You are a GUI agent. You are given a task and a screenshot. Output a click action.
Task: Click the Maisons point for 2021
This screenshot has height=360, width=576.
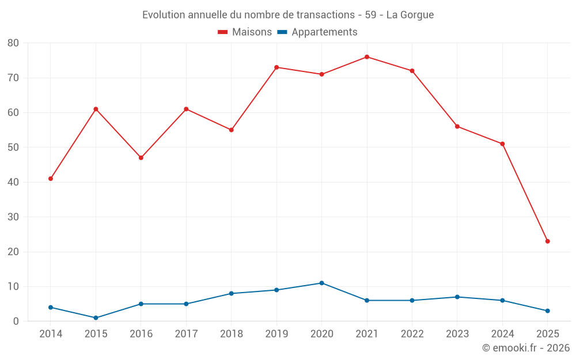[x=367, y=57]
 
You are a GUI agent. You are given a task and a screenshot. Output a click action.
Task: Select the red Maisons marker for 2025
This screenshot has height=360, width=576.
[x=548, y=241]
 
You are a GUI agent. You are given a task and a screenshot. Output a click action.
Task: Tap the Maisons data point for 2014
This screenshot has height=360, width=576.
[x=51, y=179]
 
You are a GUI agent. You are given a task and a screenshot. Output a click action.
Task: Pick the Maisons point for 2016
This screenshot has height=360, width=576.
[x=141, y=158]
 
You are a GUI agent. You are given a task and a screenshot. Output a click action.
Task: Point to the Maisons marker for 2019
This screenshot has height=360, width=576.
[x=276, y=67]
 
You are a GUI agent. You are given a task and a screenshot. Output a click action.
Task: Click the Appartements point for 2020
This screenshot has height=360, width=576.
[x=322, y=283]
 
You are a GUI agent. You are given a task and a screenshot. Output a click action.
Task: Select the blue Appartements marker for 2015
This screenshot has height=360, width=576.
[x=96, y=318]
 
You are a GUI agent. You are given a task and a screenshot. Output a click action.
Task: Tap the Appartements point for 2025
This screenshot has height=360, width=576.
[x=548, y=311]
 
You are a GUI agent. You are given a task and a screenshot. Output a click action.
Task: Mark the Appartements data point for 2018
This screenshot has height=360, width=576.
[x=232, y=294]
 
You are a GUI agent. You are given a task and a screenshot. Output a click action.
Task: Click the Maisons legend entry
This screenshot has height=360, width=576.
[x=245, y=32]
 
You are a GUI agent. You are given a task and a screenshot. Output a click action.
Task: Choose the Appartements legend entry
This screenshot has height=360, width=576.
[x=317, y=32]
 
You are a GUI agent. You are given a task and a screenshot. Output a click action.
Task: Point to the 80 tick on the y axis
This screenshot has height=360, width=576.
[x=13, y=43]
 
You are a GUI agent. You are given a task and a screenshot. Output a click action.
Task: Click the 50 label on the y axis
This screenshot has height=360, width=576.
[x=13, y=147]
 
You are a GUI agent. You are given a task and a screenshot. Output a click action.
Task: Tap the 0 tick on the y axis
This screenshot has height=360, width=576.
[x=16, y=321]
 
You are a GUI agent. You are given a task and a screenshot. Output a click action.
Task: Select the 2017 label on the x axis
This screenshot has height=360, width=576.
[x=186, y=334]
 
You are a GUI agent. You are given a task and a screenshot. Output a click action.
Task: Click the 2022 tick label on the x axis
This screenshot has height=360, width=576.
[x=412, y=334]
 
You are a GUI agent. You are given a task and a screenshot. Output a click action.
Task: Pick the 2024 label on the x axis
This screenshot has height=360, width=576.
[x=502, y=334]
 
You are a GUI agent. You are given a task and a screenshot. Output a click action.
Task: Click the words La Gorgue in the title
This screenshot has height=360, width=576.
[x=410, y=14]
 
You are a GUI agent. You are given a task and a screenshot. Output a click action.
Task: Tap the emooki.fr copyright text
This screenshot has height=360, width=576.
[x=526, y=348]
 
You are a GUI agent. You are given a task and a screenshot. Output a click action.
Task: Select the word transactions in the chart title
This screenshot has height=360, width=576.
[x=323, y=14]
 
